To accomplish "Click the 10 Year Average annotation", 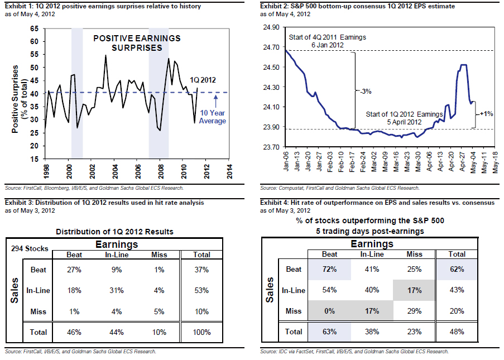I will click(213, 117).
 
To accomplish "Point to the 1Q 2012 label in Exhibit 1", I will click(202, 80).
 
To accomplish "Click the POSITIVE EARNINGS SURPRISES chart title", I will click(137, 43).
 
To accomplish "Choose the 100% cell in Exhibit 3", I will click(201, 332).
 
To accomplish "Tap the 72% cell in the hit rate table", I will click(329, 269).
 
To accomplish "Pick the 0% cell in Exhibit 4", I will click(329, 311).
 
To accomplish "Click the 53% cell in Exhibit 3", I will click(201, 290).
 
